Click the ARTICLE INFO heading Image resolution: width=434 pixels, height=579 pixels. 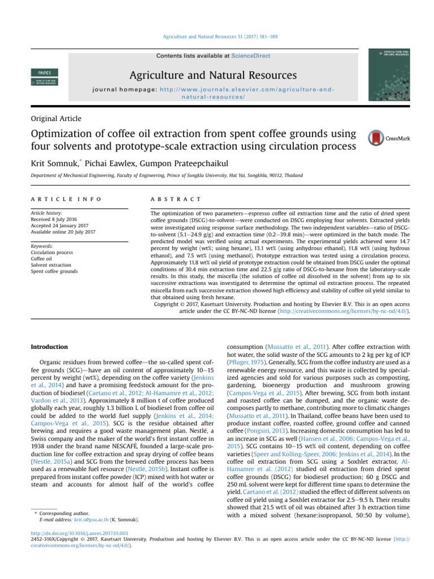(x=66, y=199)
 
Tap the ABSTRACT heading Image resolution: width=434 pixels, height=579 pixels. (x=176, y=199)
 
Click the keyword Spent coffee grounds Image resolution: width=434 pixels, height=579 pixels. (x=54, y=272)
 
